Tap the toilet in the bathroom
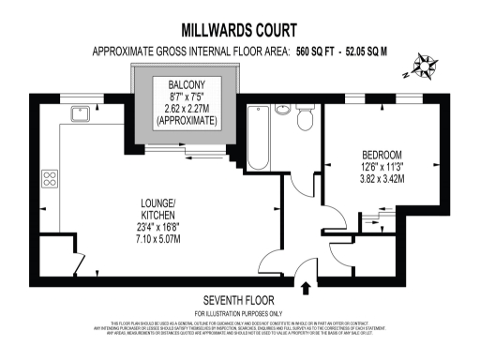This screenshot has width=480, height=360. (303, 118)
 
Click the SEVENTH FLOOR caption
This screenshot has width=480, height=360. (238, 301)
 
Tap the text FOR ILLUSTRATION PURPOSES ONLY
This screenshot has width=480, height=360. (238, 312)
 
